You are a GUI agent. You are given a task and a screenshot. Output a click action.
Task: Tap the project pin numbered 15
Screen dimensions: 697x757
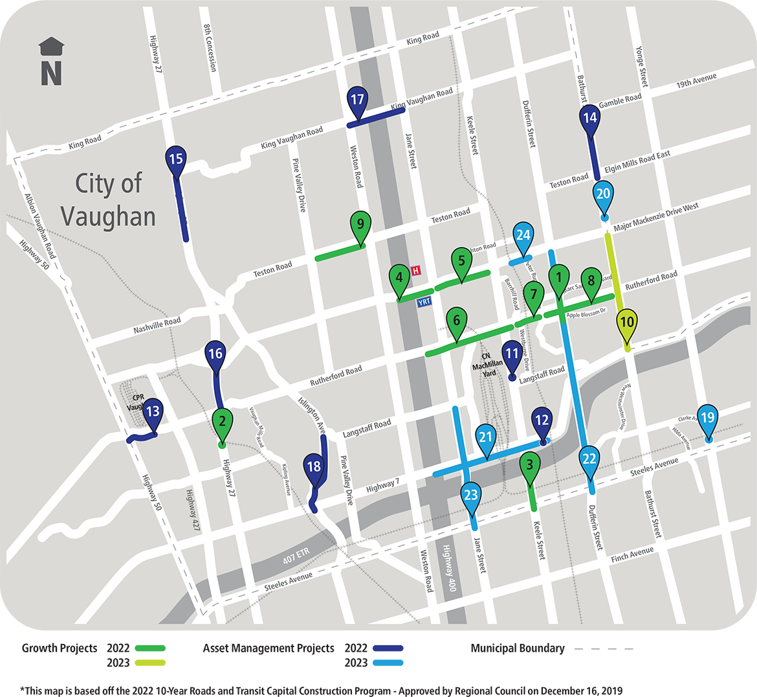click(x=176, y=159)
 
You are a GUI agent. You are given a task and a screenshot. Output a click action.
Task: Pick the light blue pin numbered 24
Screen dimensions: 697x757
click(x=523, y=236)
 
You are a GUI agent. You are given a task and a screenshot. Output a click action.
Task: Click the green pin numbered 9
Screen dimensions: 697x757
click(x=360, y=225)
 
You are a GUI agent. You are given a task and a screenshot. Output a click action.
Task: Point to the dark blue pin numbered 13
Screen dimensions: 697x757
click(x=153, y=412)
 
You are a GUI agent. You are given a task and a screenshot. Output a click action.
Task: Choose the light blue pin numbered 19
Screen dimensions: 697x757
click(x=707, y=418)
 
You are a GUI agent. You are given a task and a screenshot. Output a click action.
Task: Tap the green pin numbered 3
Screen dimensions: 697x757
click(x=530, y=465)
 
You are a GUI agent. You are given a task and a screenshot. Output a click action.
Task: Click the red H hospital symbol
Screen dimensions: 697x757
click(x=416, y=270)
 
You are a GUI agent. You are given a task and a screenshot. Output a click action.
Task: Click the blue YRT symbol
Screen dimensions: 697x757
click(x=424, y=302)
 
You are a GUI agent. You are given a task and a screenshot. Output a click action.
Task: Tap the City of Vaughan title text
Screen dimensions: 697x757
click(x=109, y=200)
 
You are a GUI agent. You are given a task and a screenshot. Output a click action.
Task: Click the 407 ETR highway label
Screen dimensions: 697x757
click(x=296, y=555)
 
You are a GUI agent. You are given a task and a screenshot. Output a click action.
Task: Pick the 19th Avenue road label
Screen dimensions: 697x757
click(x=696, y=81)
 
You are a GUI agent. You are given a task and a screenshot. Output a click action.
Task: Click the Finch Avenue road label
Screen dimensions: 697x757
click(x=632, y=554)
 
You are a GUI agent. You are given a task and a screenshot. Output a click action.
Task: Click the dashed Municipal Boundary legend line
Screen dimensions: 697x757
click(x=603, y=648)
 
